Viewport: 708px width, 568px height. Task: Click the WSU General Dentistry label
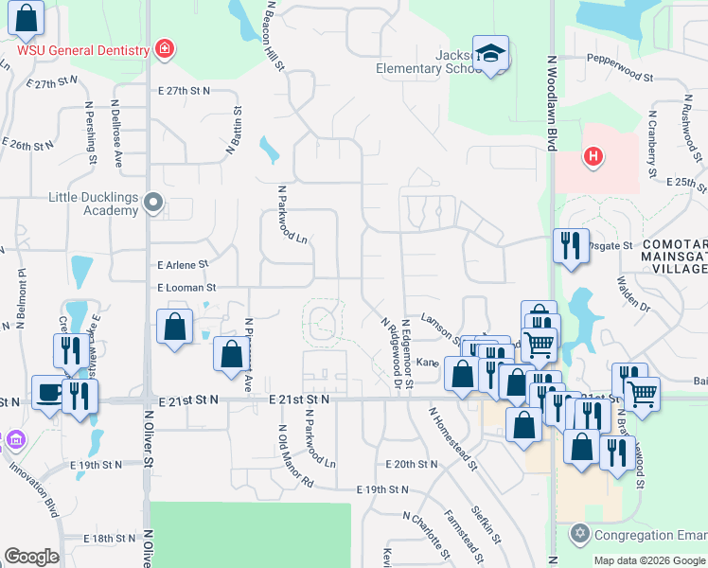point(84,50)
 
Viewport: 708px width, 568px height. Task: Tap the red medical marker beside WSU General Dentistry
point(165,48)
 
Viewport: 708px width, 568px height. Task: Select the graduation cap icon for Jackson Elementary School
point(490,54)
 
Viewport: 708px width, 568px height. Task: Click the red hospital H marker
point(593,156)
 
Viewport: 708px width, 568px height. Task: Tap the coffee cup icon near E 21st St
point(49,392)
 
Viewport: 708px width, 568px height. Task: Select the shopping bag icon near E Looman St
point(175,328)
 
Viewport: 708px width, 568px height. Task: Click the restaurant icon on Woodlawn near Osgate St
point(571,245)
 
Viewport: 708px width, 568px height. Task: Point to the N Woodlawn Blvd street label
point(551,102)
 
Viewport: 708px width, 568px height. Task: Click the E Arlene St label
point(182,265)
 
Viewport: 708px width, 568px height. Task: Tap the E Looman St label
point(186,287)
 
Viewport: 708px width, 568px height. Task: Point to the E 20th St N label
point(411,465)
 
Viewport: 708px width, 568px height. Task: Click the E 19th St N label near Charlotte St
point(382,489)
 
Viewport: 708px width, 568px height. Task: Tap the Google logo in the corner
point(30,557)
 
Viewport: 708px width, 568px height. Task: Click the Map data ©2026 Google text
point(649,560)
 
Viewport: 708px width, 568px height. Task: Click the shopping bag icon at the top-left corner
point(28,18)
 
